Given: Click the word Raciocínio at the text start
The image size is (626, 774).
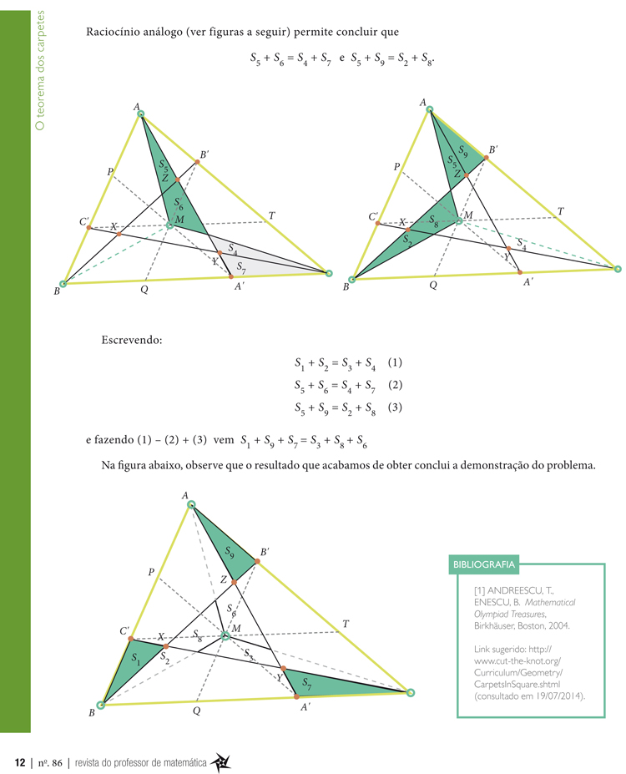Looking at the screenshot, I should click(x=111, y=33).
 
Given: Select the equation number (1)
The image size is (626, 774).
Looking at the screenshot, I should click(x=395, y=363).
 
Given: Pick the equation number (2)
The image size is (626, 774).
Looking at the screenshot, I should click(x=395, y=385).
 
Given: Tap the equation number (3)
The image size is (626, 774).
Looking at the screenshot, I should click(x=395, y=407).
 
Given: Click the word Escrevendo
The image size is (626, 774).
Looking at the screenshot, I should click(x=131, y=340).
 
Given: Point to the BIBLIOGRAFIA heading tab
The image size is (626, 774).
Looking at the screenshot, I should click(x=484, y=564).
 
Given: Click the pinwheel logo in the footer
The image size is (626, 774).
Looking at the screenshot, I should click(x=221, y=761).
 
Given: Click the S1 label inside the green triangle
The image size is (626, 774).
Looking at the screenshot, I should click(x=136, y=656).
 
